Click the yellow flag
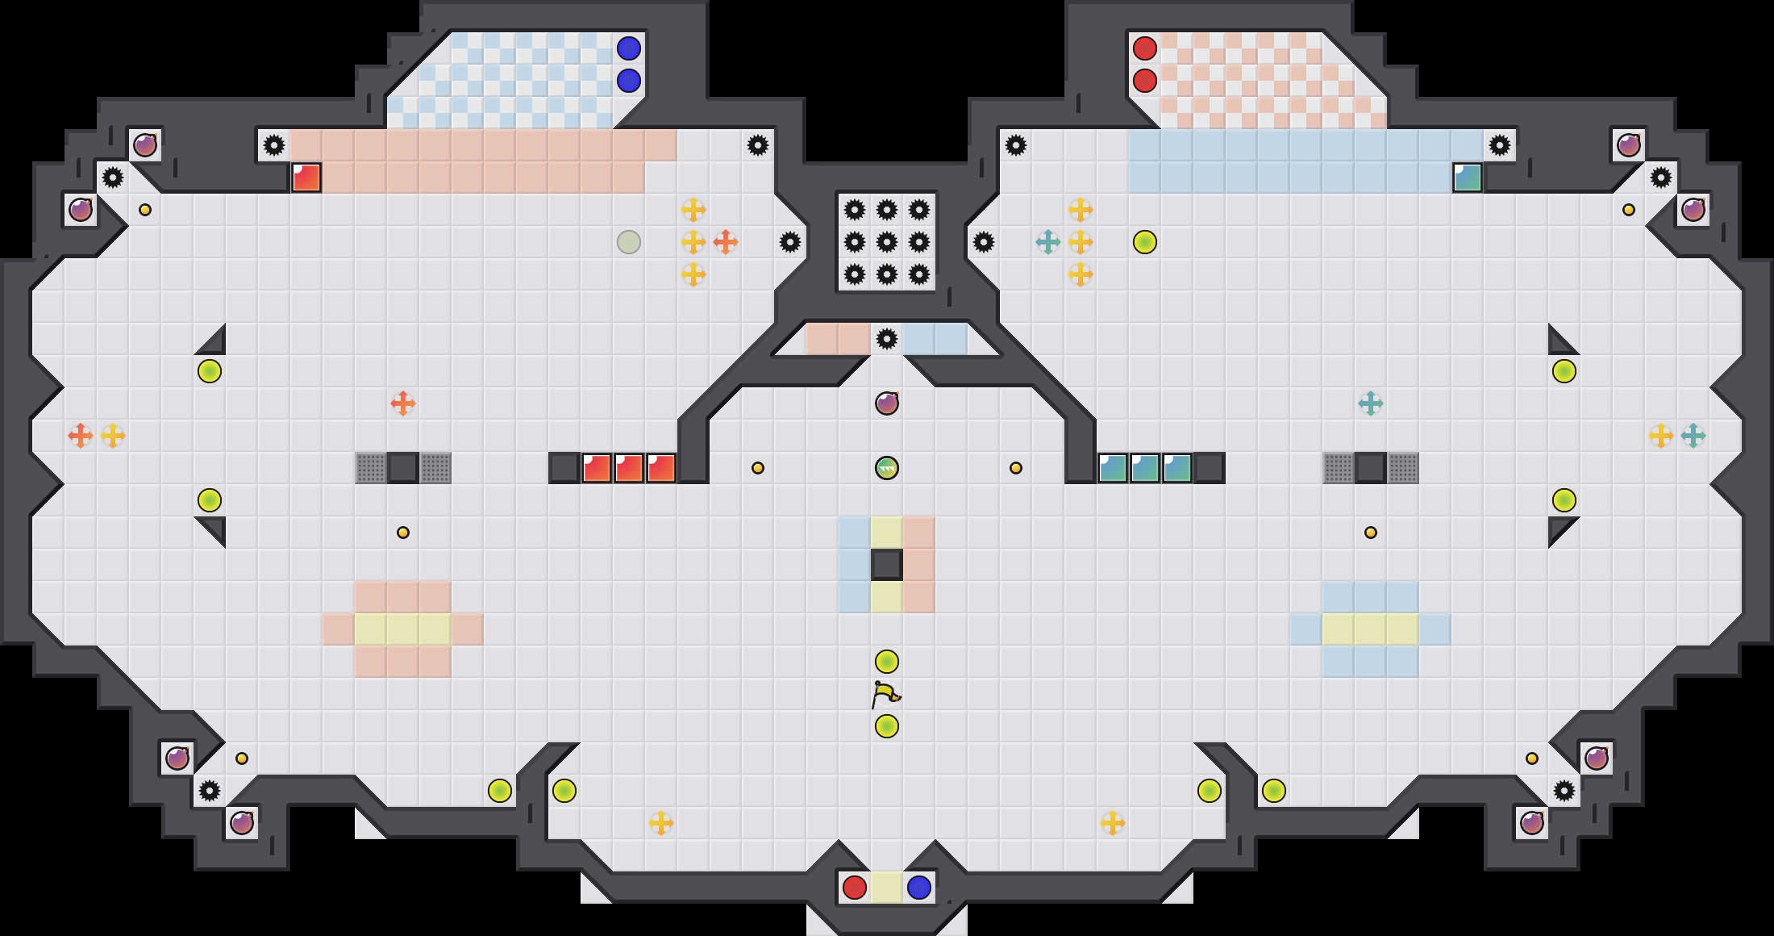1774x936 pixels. [x=885, y=694]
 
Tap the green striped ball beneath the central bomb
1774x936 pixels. [x=887, y=468]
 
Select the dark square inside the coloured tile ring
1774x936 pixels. [x=887, y=565]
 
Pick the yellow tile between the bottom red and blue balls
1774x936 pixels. [x=887, y=888]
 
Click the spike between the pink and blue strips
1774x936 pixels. [x=887, y=339]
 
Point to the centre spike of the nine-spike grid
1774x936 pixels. [x=887, y=242]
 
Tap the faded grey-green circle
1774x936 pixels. [x=629, y=242]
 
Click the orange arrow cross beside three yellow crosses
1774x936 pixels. [x=726, y=242]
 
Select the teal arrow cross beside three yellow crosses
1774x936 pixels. [x=1048, y=242]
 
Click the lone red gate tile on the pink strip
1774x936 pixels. [x=306, y=178]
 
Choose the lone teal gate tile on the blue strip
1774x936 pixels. [x=1468, y=178]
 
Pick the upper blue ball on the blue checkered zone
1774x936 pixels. [x=629, y=48]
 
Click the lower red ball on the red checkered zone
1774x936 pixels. [x=1145, y=81]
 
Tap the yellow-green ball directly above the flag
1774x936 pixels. [x=887, y=662]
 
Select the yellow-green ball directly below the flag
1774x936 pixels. [x=887, y=726]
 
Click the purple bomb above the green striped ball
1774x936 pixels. [x=887, y=403]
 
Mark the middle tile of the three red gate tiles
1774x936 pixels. [x=629, y=468]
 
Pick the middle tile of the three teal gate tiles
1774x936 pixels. [x=1145, y=468]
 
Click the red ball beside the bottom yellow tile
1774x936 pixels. [x=855, y=888]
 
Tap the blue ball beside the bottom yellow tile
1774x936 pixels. [x=919, y=888]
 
